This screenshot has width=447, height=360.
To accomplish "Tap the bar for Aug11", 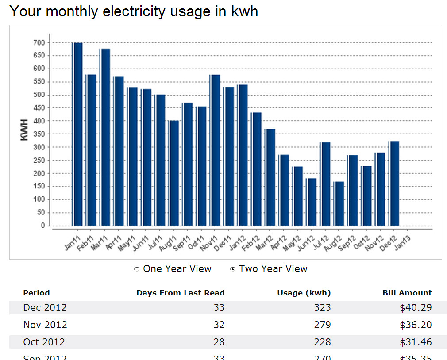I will pyautogui.click(x=174, y=173).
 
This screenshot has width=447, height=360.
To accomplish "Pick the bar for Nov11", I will pyautogui.click(x=215, y=150).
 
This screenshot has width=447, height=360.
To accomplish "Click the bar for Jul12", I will pyautogui.click(x=325, y=184).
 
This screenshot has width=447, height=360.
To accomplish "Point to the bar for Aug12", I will pyautogui.click(x=339, y=203).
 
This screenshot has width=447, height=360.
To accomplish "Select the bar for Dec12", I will pyautogui.click(x=394, y=184).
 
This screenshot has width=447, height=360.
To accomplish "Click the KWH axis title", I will pyautogui.click(x=25, y=130).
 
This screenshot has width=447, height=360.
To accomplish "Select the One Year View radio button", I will pyautogui.click(x=137, y=269).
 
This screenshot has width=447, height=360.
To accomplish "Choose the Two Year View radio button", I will pyautogui.click(x=233, y=269).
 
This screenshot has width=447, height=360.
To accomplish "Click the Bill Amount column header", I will pyautogui.click(x=407, y=293).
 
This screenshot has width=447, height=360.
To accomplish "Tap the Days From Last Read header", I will pyautogui.click(x=180, y=293).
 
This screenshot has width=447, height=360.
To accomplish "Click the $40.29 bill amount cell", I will pyautogui.click(x=416, y=307).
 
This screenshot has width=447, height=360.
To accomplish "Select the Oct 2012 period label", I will pyautogui.click(x=44, y=342).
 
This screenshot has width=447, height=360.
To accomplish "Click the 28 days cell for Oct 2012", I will pyautogui.click(x=219, y=342).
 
